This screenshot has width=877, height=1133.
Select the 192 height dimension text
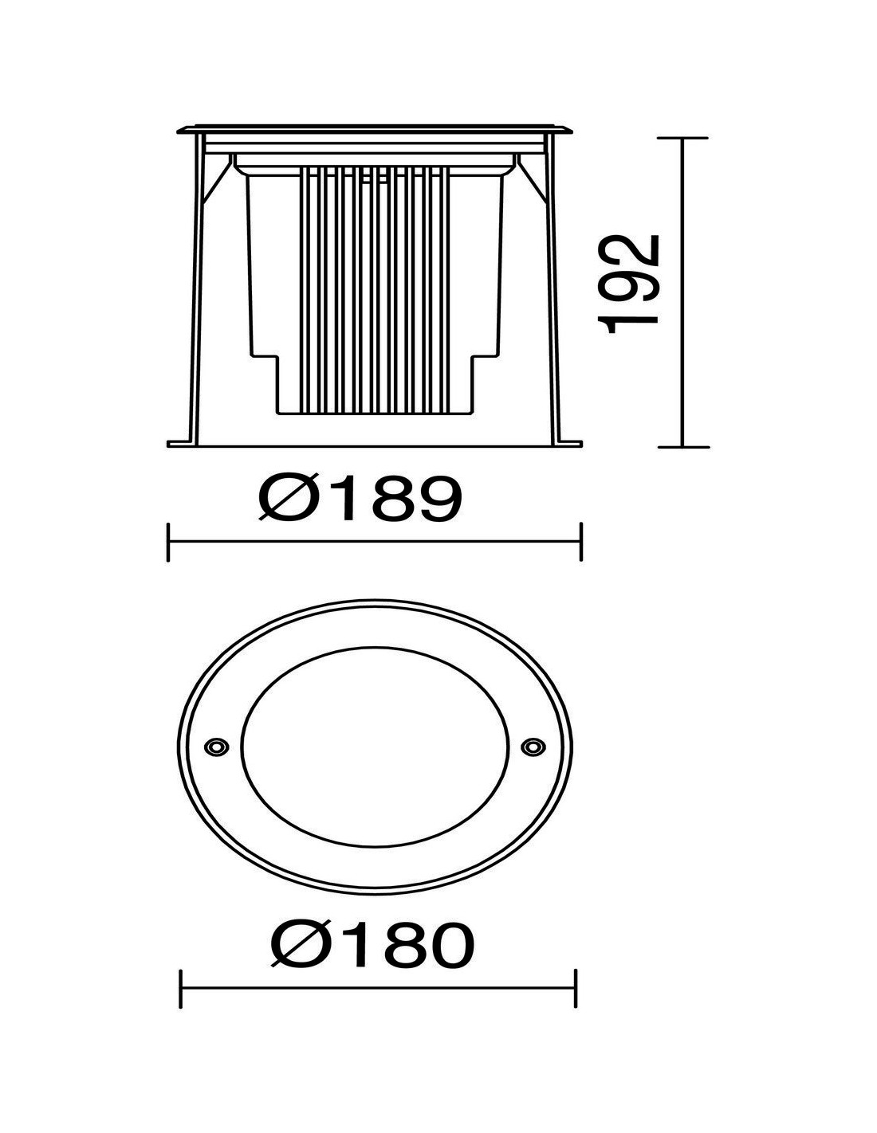coord(631,284)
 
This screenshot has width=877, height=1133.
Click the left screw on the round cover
coord(215,747)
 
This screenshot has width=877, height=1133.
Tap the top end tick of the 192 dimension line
coord(682,138)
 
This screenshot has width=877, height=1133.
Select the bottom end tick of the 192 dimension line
coord(683,447)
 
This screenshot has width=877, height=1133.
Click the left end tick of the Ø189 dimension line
coord(168,543)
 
